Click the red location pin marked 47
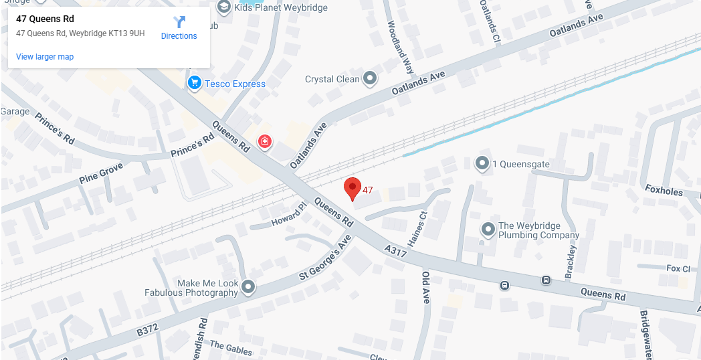(x=352, y=188)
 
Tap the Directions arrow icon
(x=179, y=22)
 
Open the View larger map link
(x=45, y=57)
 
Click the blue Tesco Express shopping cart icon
(x=195, y=83)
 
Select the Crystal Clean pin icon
(x=370, y=79)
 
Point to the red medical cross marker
(x=265, y=141)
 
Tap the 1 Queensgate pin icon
(x=482, y=163)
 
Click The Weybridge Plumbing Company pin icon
(x=488, y=230)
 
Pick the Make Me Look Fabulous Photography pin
(x=248, y=287)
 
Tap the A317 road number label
(x=396, y=249)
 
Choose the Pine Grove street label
(x=101, y=173)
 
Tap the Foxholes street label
(x=664, y=191)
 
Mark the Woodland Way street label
(x=400, y=47)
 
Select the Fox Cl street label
(x=678, y=268)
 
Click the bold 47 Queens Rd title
(x=45, y=19)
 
